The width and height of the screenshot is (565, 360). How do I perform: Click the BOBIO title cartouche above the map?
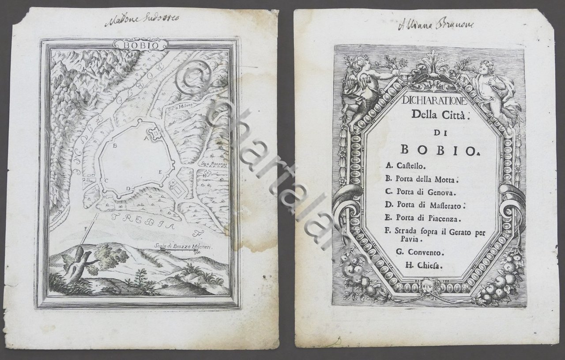click(140, 45)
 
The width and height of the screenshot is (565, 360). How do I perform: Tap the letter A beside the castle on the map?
click(145, 137)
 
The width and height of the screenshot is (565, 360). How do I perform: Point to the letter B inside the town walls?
click(114, 145)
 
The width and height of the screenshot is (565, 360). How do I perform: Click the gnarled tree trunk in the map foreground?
click(76, 265)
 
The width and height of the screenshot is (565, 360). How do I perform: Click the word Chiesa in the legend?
click(426, 266)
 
